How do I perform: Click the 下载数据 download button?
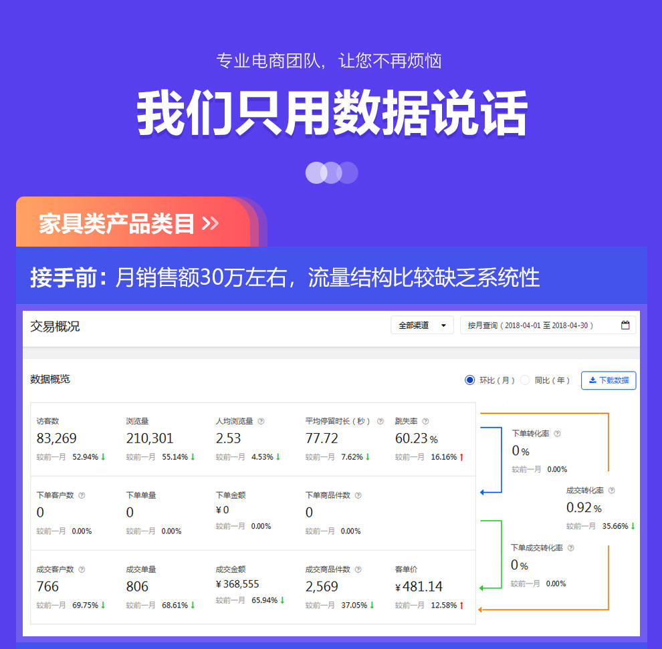click(x=609, y=380)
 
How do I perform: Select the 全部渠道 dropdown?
click(x=422, y=326)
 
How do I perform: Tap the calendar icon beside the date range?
click(x=625, y=326)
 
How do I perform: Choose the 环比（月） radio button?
click(x=469, y=380)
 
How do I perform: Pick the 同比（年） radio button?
click(x=525, y=380)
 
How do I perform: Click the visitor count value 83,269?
click(x=56, y=438)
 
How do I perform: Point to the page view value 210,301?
click(x=150, y=438)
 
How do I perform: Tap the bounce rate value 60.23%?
click(x=416, y=438)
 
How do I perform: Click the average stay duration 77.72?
click(x=322, y=438)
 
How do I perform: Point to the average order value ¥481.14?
click(x=419, y=587)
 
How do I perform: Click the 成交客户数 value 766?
click(x=47, y=587)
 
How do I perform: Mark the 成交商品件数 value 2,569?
click(x=322, y=587)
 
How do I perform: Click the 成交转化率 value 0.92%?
click(x=584, y=508)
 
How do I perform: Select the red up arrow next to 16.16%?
click(x=461, y=457)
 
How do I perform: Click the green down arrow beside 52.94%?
click(x=103, y=457)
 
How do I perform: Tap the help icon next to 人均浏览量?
click(x=261, y=422)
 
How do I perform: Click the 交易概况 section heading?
click(x=55, y=326)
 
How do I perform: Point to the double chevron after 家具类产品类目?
click(x=210, y=223)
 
